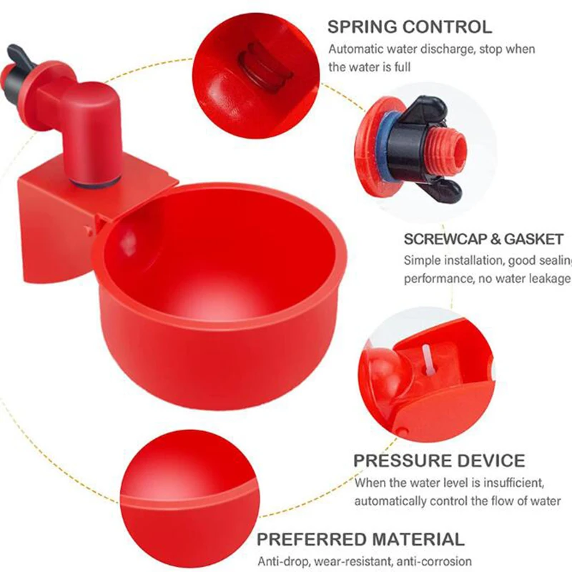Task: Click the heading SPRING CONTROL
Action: point(410,27)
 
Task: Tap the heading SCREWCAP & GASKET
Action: point(483,239)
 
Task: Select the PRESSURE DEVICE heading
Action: point(439,460)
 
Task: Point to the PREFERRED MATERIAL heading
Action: point(360,539)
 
